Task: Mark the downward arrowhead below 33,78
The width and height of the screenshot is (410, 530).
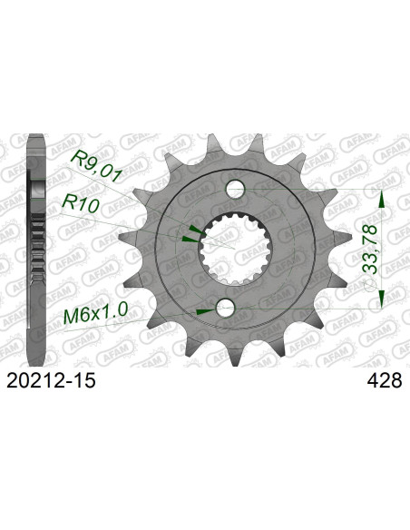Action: click(382, 298)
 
